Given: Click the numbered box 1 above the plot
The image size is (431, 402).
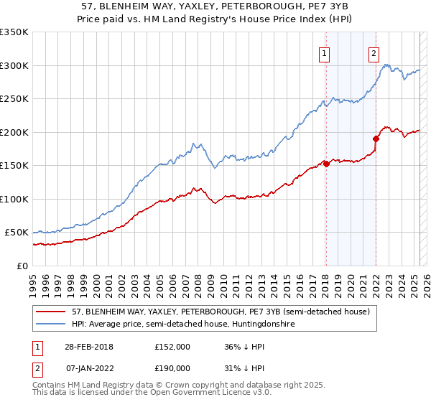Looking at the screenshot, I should click(325, 52).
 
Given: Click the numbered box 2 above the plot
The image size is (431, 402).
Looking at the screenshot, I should click(374, 52).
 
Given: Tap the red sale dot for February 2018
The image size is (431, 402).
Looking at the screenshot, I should click(326, 164).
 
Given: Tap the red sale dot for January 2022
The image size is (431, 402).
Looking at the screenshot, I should click(375, 139).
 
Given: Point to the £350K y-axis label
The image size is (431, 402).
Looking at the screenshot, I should click(15, 32).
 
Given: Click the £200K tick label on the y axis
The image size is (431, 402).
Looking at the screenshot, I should click(15, 132).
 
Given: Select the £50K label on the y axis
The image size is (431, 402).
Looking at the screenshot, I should click(17, 233).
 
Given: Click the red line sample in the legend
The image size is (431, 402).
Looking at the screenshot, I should click(50, 312).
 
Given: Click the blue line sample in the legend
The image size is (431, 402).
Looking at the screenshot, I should click(50, 324).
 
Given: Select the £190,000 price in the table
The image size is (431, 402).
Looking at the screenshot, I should click(172, 368).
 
